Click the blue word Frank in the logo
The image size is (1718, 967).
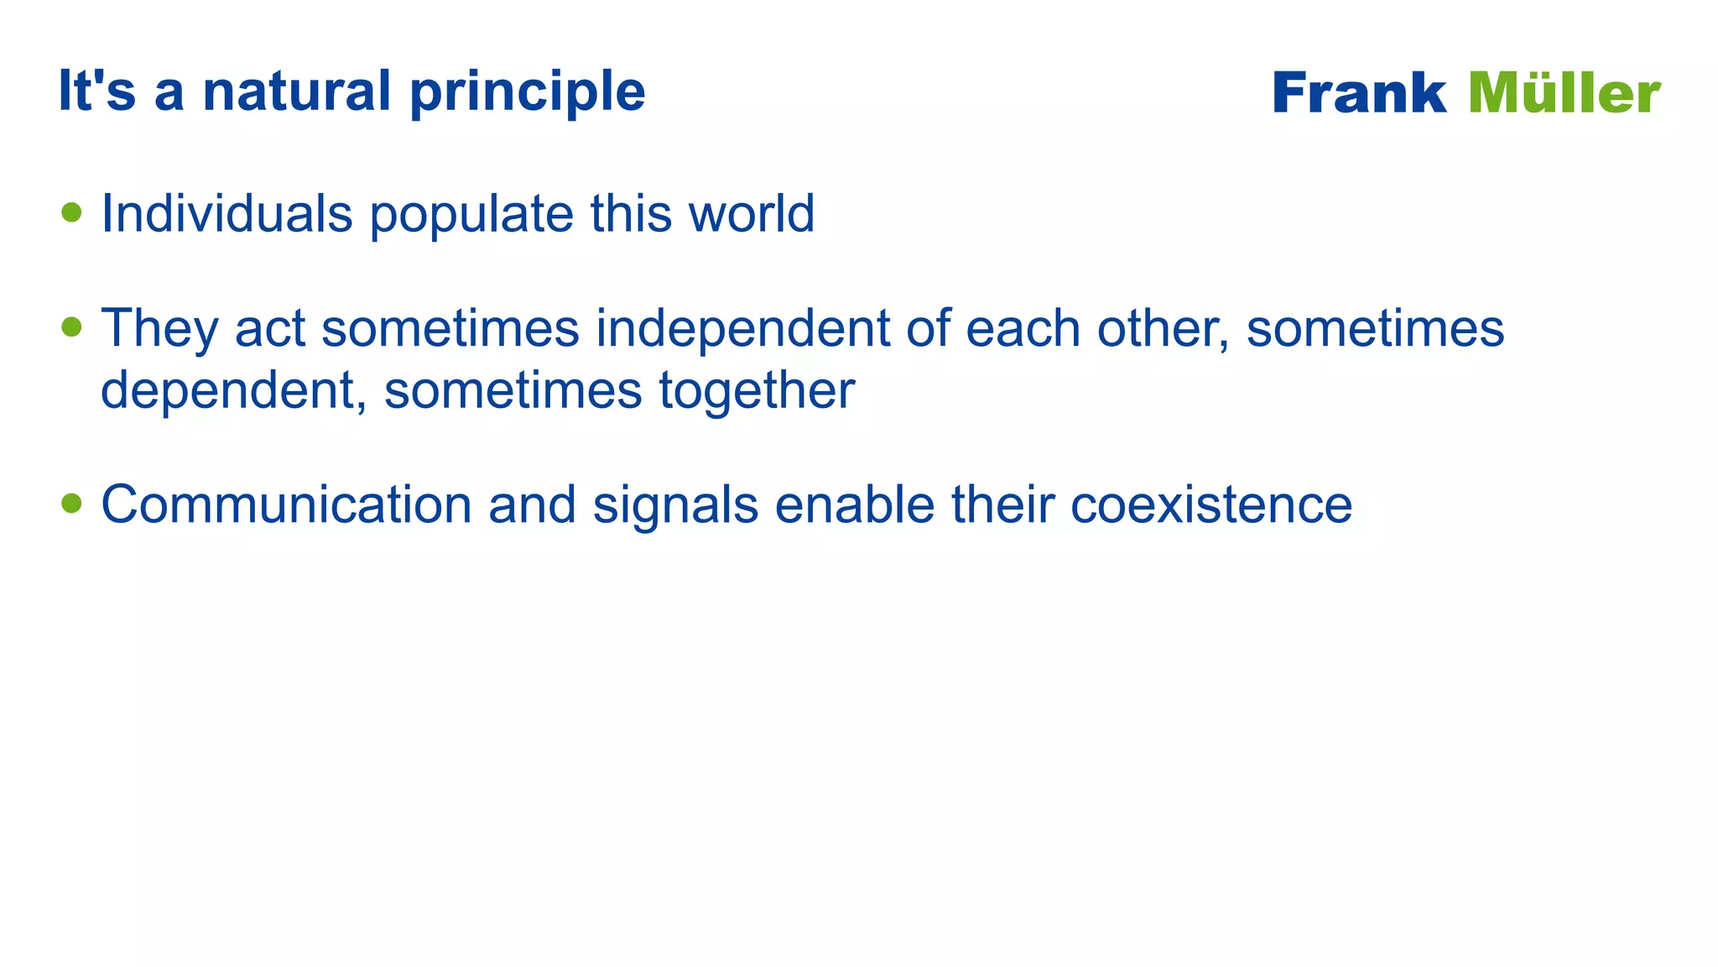(x=1359, y=93)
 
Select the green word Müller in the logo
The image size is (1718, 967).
(x=1564, y=93)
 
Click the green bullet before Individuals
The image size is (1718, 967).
(x=72, y=212)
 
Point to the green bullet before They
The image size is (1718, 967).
(x=72, y=327)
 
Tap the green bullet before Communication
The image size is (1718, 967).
(x=72, y=503)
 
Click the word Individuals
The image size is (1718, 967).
(x=226, y=213)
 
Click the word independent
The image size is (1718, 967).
(x=742, y=329)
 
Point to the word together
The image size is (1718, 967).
(x=757, y=392)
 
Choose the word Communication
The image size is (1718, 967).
(x=286, y=504)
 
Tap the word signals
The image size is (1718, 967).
(x=675, y=506)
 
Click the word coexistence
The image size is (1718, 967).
(x=1210, y=504)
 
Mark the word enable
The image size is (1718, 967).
(x=854, y=504)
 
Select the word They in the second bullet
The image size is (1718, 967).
(x=159, y=329)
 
